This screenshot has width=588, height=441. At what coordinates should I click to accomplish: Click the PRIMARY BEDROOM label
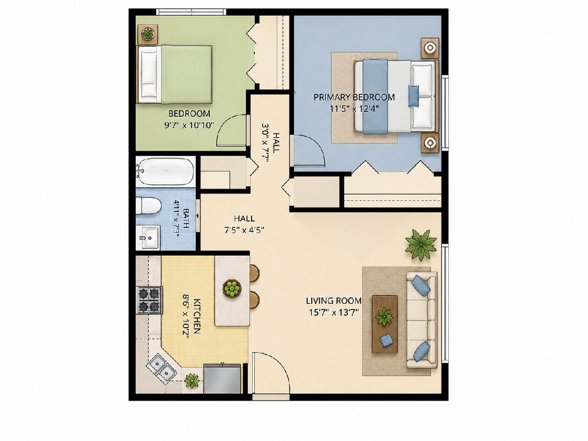(x=354, y=97)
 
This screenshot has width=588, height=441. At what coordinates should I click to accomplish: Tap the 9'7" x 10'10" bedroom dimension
(x=189, y=125)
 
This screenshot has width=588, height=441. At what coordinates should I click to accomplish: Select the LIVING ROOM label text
(x=334, y=301)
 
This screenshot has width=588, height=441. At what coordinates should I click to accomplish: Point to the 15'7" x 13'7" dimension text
(x=334, y=313)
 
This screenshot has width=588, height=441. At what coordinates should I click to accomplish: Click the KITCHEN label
(x=196, y=316)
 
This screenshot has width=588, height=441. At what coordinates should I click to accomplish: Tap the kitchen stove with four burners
(x=150, y=300)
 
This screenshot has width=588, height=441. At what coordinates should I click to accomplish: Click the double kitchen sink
(x=161, y=366)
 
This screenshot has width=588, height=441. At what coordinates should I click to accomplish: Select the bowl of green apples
(x=232, y=288)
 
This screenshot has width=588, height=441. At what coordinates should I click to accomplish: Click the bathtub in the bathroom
(x=165, y=171)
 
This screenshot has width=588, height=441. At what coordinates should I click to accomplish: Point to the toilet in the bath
(x=148, y=206)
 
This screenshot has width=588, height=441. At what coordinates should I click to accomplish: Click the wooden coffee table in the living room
(x=385, y=324)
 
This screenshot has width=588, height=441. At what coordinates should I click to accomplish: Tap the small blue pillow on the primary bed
(x=414, y=96)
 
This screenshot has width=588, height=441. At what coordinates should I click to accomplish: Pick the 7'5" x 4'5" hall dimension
(x=245, y=230)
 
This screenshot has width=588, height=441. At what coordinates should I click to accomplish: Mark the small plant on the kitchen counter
(x=192, y=381)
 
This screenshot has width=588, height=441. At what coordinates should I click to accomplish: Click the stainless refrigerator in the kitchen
(x=222, y=378)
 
